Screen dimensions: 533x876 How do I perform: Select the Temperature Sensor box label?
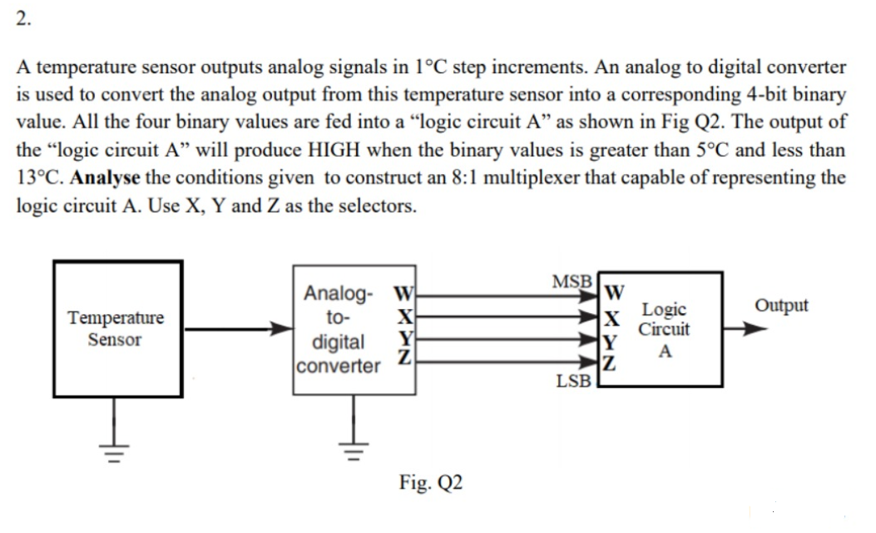(x=116, y=329)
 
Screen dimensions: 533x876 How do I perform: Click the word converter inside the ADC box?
(x=339, y=366)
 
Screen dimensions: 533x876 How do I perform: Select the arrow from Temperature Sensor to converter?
(x=237, y=330)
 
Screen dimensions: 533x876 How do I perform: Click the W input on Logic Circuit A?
(x=614, y=292)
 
